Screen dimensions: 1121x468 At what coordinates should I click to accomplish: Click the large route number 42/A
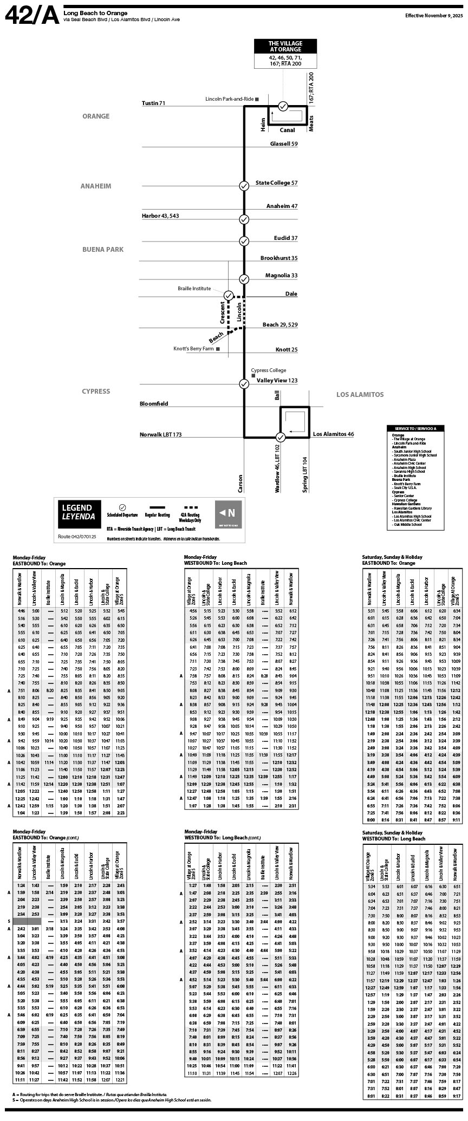(x=31, y=16)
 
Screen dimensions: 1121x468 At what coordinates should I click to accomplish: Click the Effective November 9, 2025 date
(x=434, y=16)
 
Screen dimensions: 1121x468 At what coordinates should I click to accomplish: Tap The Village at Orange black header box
(x=285, y=47)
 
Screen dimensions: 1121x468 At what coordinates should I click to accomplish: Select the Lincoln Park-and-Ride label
(x=230, y=99)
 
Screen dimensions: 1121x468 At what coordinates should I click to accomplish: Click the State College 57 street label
(x=276, y=183)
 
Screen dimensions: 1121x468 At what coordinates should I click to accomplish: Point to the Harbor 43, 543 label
(x=160, y=216)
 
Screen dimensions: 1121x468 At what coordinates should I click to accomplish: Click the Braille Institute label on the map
(x=194, y=289)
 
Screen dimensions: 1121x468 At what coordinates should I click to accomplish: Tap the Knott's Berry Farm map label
(x=193, y=349)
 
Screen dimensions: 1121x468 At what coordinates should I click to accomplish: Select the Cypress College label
(x=268, y=370)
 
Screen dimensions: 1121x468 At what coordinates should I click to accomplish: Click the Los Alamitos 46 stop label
(x=333, y=434)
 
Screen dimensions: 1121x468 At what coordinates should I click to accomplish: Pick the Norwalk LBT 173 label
(x=160, y=435)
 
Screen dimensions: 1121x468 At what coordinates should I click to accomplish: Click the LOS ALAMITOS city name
(x=360, y=395)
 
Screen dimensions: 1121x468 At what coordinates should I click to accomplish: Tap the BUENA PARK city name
(x=103, y=250)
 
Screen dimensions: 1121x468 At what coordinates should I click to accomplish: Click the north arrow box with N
(x=228, y=512)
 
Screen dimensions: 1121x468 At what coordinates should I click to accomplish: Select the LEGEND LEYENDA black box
(x=77, y=512)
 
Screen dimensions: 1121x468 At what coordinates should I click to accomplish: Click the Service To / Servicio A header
(x=415, y=428)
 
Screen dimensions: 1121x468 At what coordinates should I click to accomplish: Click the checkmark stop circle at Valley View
(x=244, y=384)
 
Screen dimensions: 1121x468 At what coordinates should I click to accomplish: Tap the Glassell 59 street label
(x=284, y=144)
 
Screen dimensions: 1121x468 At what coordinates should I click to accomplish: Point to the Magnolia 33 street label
(x=281, y=276)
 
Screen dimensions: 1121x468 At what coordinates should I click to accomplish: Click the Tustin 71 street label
(x=153, y=103)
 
